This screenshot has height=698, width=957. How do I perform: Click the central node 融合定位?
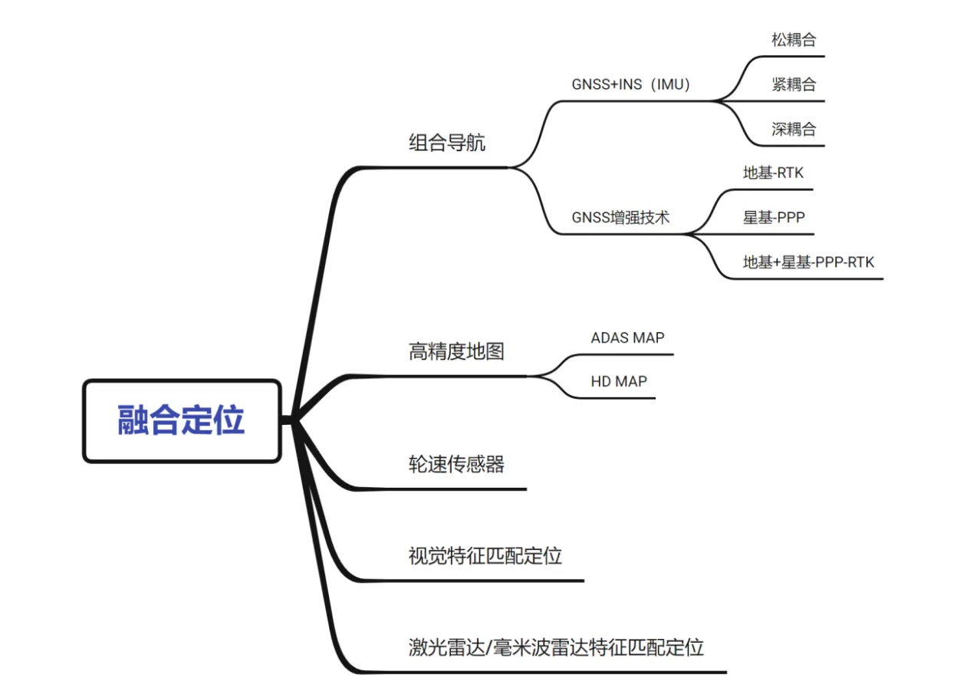(182, 421)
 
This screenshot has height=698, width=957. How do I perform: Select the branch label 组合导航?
(447, 143)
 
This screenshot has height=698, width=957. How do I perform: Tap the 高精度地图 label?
(456, 352)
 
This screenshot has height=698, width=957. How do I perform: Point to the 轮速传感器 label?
(456, 464)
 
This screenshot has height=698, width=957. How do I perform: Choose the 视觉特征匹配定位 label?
(485, 556)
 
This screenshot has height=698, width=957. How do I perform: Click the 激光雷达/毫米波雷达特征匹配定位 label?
(556, 647)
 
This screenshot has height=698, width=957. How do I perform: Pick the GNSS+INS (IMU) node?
(630, 84)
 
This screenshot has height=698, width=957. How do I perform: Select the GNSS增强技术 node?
(620, 218)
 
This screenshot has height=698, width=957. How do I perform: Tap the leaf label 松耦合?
(794, 40)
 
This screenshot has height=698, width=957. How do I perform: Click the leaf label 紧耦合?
(794, 84)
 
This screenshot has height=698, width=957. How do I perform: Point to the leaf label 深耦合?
(794, 129)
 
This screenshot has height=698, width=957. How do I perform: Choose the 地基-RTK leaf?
(773, 173)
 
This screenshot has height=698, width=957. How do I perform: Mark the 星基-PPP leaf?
(774, 218)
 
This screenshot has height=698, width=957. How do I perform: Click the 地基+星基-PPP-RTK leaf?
(808, 262)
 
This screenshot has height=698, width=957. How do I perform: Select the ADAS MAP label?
(627, 337)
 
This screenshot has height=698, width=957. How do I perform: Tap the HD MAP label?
(619, 381)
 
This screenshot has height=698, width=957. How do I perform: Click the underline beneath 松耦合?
(793, 57)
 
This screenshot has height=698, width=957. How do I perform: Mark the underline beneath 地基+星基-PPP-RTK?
(805, 279)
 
